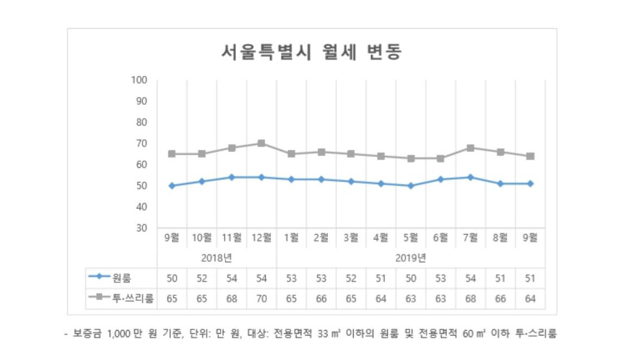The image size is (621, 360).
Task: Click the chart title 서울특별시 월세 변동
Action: point(311,52)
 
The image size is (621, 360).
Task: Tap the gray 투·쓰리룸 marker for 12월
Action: point(261,143)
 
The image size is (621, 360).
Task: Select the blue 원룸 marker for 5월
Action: point(411,186)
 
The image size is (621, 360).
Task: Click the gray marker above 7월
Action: point(471,148)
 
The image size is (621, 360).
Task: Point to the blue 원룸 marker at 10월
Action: point(202,181)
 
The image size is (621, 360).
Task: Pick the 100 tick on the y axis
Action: point(140,80)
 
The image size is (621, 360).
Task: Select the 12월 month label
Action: point(261,237)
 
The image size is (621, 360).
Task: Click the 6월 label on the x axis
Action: point(441,237)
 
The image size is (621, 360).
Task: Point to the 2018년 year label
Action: point(217,257)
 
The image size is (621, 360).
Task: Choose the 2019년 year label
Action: point(411,257)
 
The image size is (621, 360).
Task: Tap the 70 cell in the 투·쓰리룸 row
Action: point(261,298)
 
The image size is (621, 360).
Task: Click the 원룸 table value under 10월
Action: point(202,278)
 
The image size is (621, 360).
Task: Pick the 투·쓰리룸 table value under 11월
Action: point(231,298)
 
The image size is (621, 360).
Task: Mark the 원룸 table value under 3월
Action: point(351,278)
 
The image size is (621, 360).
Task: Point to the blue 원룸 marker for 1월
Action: point(291,179)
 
